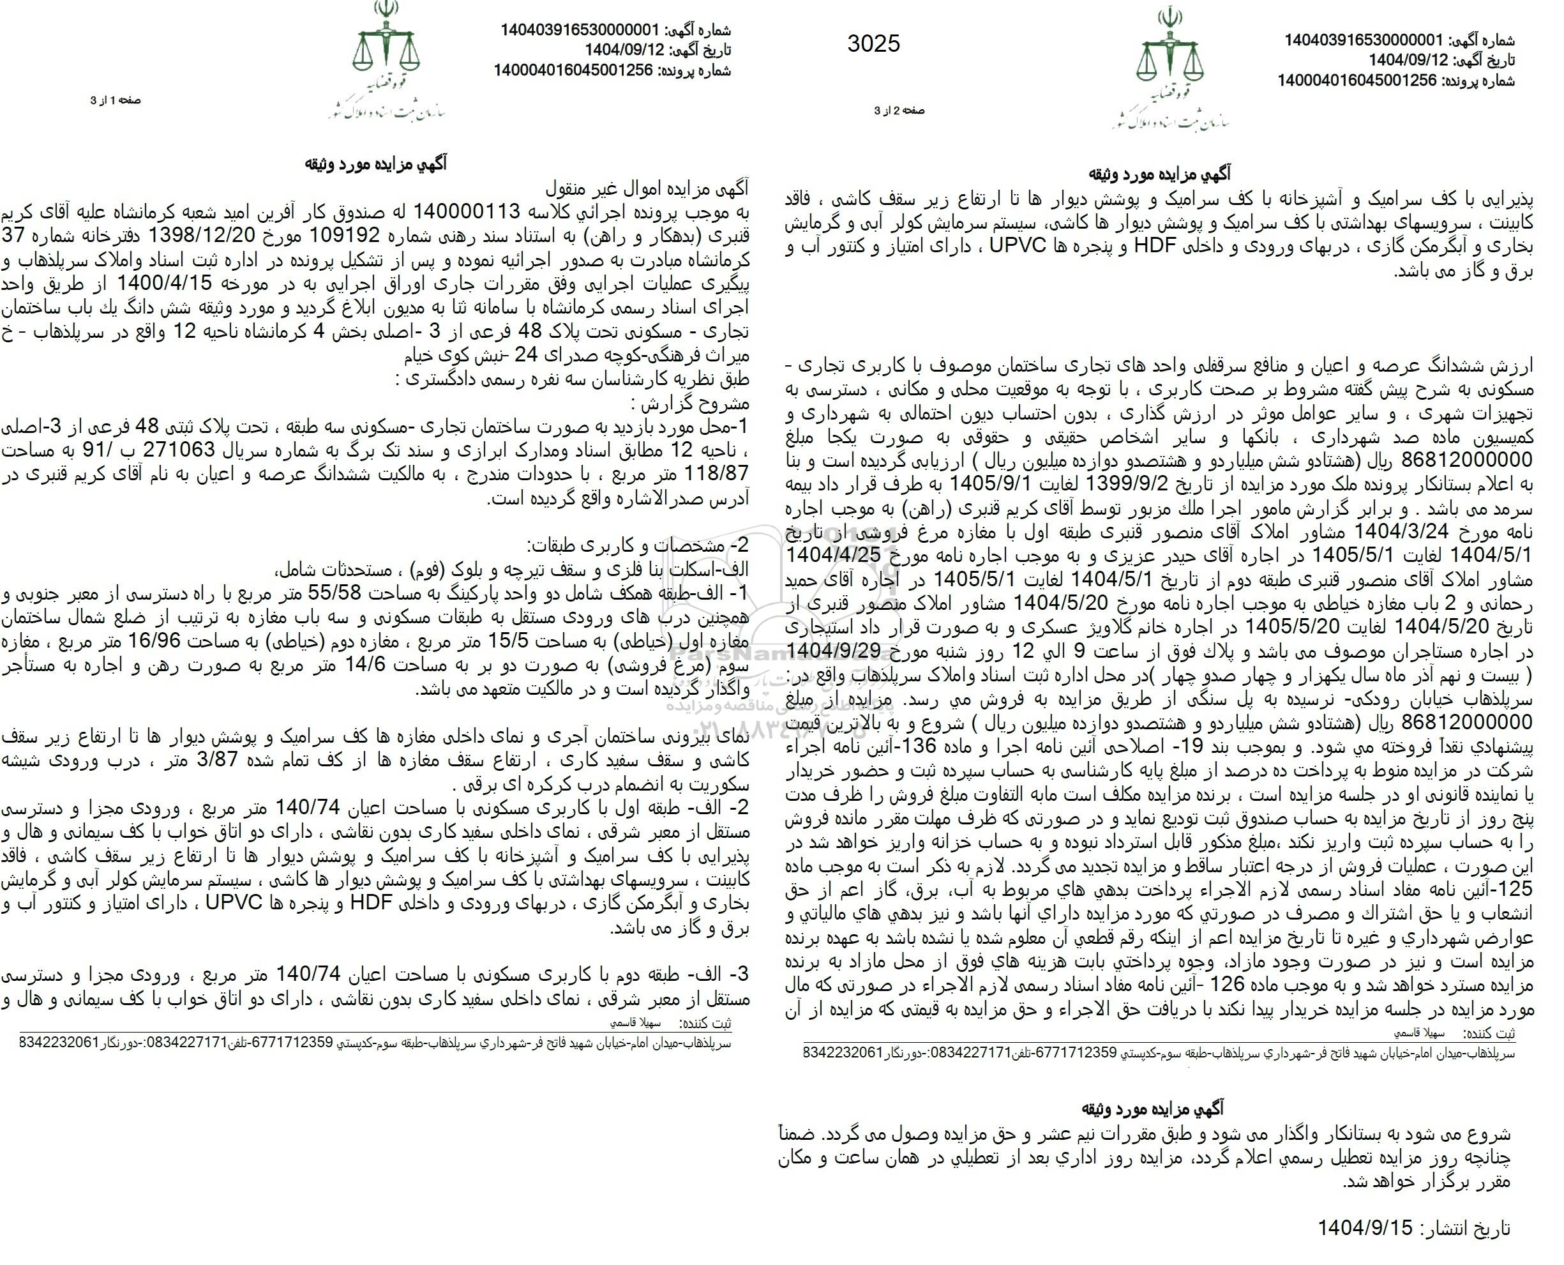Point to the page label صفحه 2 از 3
pos(899,110)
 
